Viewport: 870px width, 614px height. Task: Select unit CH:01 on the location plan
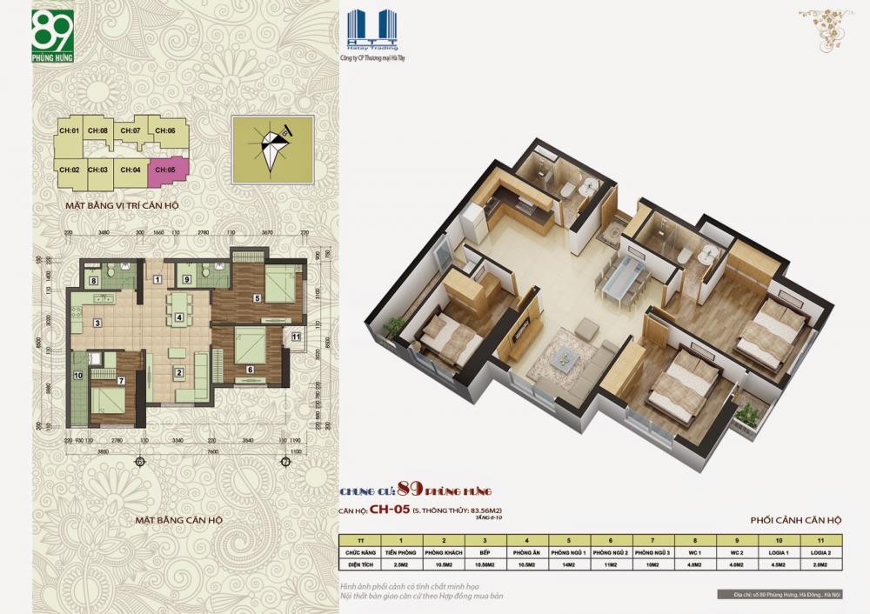point(70,131)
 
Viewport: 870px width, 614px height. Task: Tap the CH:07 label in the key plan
point(130,131)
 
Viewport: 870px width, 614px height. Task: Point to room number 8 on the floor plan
point(94,279)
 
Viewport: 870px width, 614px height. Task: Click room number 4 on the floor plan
point(179,317)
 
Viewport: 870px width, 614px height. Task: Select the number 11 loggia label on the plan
point(297,337)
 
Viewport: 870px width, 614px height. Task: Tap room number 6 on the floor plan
point(250,369)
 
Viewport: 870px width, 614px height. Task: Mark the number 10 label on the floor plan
point(77,376)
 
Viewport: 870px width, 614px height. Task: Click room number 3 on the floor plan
point(97,324)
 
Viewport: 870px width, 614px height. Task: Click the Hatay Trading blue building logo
point(371,30)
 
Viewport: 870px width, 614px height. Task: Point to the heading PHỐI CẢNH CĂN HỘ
point(794,520)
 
